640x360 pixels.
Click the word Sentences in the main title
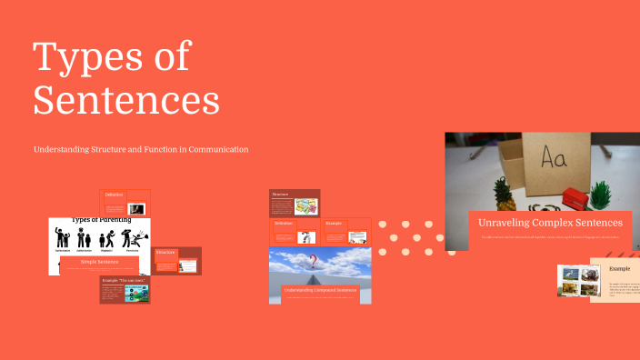126,100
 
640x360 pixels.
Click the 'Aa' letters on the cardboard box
555,159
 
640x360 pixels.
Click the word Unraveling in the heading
510,222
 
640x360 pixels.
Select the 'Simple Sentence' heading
100,262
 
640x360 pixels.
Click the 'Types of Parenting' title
101,220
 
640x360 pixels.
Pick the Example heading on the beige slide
620,269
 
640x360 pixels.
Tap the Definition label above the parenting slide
114,195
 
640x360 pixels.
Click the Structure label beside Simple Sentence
165,252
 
